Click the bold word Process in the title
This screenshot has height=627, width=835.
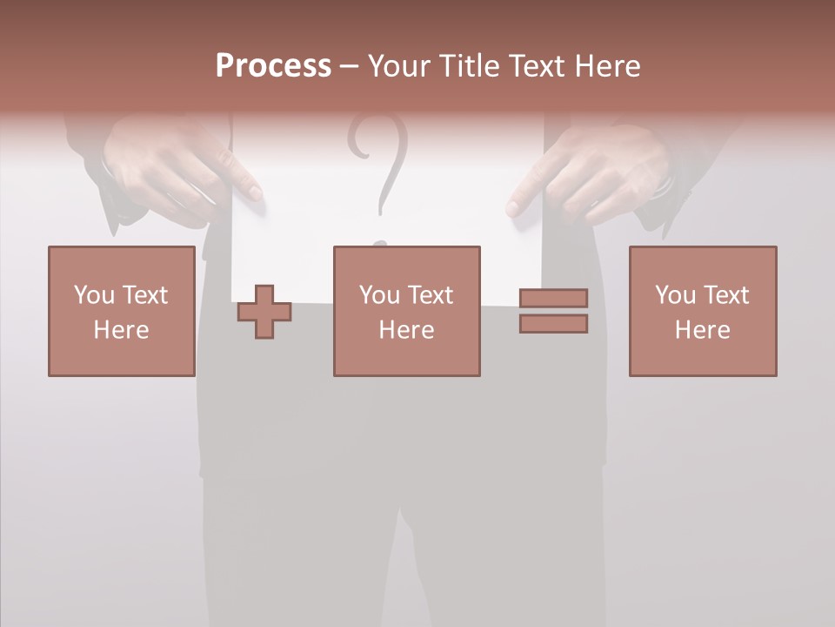pyautogui.click(x=273, y=66)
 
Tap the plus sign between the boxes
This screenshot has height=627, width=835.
pyautogui.click(x=264, y=312)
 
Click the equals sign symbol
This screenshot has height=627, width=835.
pyautogui.click(x=553, y=311)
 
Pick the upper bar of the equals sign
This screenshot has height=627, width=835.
pyautogui.click(x=553, y=299)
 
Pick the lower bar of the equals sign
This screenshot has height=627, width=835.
pyautogui.click(x=553, y=323)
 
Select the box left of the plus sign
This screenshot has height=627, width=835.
pyautogui.click(x=121, y=311)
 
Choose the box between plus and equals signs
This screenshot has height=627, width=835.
pyautogui.click(x=406, y=311)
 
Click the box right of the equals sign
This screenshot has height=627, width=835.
pyautogui.click(x=702, y=311)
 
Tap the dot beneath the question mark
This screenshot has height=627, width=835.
pyautogui.click(x=379, y=243)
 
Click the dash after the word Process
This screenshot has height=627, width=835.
pyautogui.click(x=349, y=66)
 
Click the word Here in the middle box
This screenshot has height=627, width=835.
pyautogui.click(x=406, y=330)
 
